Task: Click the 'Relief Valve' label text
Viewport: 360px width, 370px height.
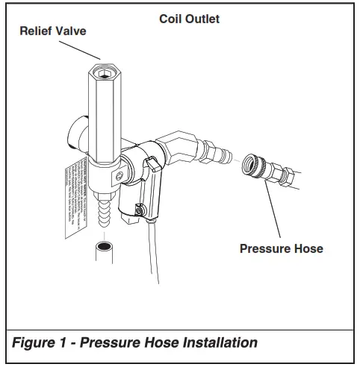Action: pos(52,32)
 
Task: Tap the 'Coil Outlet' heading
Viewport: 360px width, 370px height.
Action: pos(190,19)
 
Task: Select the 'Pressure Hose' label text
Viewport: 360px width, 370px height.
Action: pos(282,248)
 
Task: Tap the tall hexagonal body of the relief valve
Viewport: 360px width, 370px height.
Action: pos(104,119)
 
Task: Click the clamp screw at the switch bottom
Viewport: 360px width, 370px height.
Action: pos(140,211)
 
